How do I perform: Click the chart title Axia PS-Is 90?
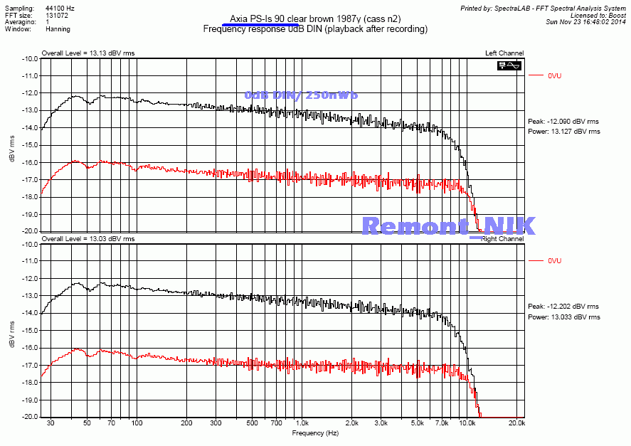[x=315, y=18]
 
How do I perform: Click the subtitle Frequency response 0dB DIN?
[x=315, y=29]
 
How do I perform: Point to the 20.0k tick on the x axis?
[x=516, y=423]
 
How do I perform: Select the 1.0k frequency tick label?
[x=302, y=423]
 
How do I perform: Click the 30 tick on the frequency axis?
[x=51, y=423]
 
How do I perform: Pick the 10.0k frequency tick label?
[x=467, y=423]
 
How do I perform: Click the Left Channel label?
[x=504, y=53]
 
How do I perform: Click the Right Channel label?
[x=502, y=239]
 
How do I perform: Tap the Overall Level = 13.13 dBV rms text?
[x=88, y=53]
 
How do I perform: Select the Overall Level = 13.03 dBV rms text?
[x=88, y=239]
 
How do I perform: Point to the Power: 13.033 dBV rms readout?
[x=563, y=317]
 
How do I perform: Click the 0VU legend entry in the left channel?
[x=555, y=75]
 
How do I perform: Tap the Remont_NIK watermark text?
[x=448, y=225]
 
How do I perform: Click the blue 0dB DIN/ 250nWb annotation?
[x=301, y=95]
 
